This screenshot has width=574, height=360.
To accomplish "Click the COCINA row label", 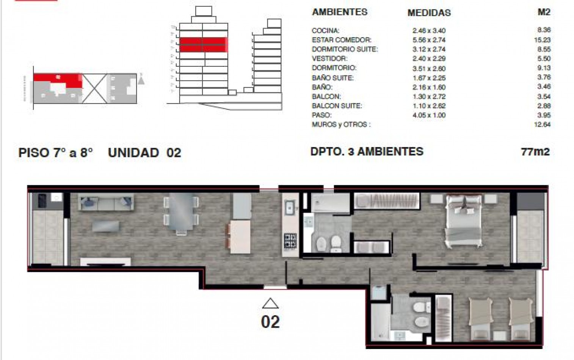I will pyautogui.click(x=325, y=31).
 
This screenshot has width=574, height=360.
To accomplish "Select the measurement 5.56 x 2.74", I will pyautogui.click(x=429, y=40).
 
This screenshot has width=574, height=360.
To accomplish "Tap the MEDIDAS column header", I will pyautogui.click(x=429, y=13).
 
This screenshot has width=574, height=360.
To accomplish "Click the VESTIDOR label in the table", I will pyautogui.click(x=329, y=59).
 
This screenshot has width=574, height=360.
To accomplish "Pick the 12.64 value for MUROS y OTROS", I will pyautogui.click(x=542, y=124).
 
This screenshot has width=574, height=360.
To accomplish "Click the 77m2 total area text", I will pyautogui.click(x=535, y=152).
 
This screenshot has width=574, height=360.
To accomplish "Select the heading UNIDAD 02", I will pyautogui.click(x=144, y=153).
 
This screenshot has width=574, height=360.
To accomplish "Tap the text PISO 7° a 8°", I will pyautogui.click(x=56, y=153).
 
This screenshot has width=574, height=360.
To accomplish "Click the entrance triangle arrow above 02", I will pyautogui.click(x=270, y=303).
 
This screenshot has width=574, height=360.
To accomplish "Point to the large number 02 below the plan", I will pyautogui.click(x=270, y=322).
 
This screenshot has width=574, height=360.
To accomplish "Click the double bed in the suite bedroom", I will pyautogui.click(x=464, y=221).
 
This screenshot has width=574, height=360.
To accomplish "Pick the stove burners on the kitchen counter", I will pyautogui.click(x=290, y=241).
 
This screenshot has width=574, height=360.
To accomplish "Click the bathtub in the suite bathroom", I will pyautogui.click(x=329, y=203).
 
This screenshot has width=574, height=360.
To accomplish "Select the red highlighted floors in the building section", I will pyautogui.click(x=203, y=44).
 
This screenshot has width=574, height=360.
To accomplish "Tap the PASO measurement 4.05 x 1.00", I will pyautogui.click(x=429, y=115).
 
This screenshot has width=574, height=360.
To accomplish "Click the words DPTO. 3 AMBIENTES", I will pyautogui.click(x=367, y=152).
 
